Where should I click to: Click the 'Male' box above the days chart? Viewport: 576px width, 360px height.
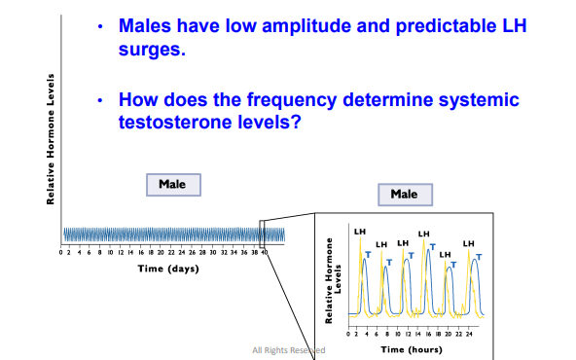[173, 184]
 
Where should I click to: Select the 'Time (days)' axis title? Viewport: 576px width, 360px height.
[167, 268]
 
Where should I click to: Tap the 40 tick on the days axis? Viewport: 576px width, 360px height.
[264, 252]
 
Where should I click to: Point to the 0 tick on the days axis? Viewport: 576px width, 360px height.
[62, 252]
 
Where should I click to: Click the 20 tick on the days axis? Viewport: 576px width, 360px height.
[162, 252]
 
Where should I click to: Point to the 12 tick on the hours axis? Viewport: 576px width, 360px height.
[414, 332]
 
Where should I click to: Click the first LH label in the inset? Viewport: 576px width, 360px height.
[360, 232]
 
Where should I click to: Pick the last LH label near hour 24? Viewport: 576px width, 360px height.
[469, 242]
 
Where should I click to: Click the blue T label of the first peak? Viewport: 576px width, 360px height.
[367, 254]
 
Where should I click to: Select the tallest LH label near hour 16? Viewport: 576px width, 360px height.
[423, 234]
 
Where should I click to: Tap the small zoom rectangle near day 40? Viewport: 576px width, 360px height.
[262, 234]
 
